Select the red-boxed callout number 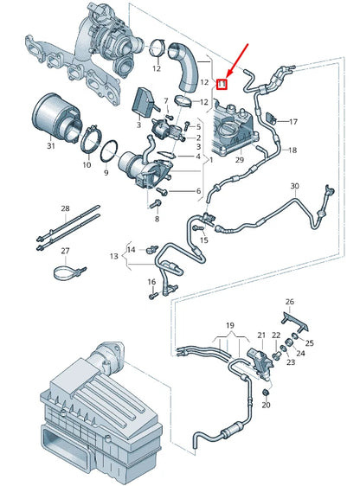[x=222, y=84]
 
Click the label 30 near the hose [x=294, y=186]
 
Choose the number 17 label [x=292, y=121]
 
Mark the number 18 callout [x=292, y=150]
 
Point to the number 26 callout [x=290, y=302]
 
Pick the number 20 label [x=266, y=405]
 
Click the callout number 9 [x=106, y=172]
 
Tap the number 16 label [x=151, y=282]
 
